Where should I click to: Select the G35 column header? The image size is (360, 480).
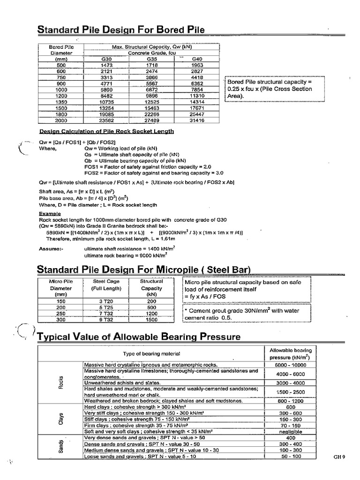tap(151, 59)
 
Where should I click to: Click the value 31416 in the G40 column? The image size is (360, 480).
tap(197, 120)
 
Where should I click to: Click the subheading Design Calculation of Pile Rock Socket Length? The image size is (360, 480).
tap(106, 131)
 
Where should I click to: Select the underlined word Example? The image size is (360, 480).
tap(50, 212)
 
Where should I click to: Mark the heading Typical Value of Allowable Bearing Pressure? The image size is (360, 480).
tap(138, 337)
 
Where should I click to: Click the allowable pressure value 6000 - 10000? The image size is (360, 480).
tap(291, 365)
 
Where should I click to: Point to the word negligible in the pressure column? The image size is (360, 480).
tap(291, 431)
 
